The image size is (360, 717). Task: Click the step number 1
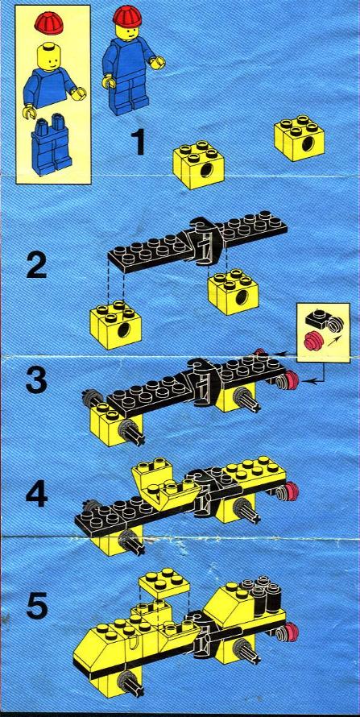(x=138, y=143)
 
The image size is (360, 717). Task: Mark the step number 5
(x=36, y=607)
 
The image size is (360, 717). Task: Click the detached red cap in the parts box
(x=49, y=23)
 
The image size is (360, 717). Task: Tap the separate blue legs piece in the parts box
(x=52, y=144)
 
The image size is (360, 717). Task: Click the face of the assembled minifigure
(x=126, y=30)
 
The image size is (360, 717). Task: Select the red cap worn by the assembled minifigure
(x=126, y=15)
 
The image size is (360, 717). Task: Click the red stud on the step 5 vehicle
(x=290, y=632)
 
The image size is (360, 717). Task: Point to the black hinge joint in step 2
(x=205, y=241)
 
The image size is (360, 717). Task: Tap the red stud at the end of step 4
(x=290, y=491)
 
